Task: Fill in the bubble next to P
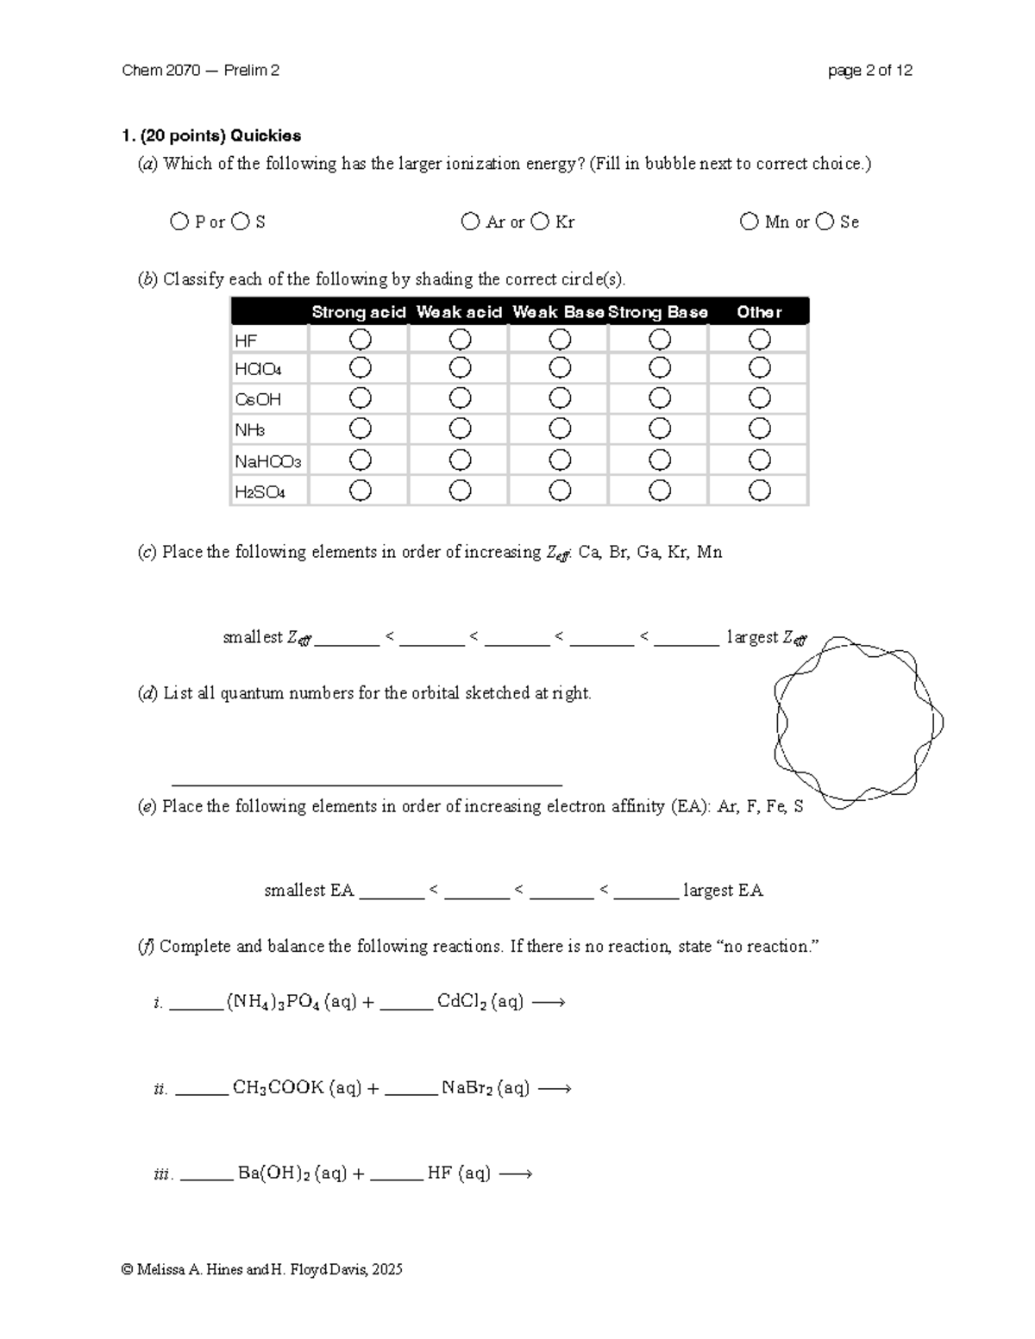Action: [179, 222]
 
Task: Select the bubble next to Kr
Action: [540, 222]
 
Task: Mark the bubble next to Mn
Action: [749, 222]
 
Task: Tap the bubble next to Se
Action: [825, 222]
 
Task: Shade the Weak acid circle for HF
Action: [460, 340]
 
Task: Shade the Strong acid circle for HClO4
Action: [360, 368]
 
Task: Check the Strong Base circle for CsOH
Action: [660, 398]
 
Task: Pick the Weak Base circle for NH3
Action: [560, 429]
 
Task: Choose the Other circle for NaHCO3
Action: [759, 460]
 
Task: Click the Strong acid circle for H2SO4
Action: [360, 491]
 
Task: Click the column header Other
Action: [759, 312]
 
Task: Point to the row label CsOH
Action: [258, 400]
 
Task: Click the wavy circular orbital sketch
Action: [859, 723]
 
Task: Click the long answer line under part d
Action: [367, 784]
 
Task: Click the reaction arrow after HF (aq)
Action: [516, 1173]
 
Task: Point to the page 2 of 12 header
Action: [869, 71]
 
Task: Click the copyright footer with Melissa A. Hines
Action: [262, 1269]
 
